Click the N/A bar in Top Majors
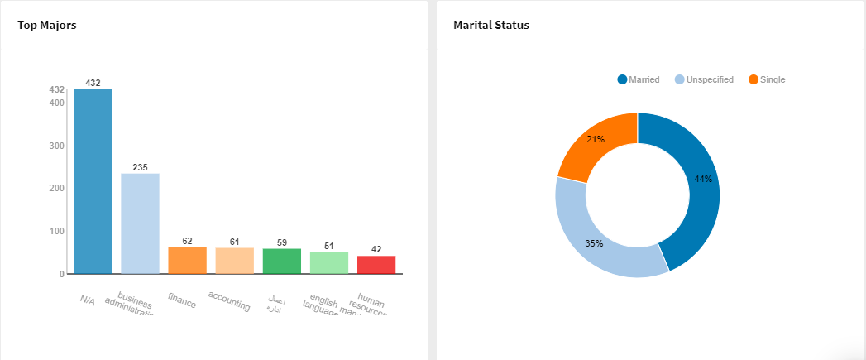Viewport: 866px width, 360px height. pos(93,181)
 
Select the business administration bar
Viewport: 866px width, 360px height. pos(140,223)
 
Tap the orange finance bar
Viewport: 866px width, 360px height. pos(187,261)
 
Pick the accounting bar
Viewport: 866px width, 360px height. pos(234,261)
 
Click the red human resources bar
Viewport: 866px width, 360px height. pos(376,265)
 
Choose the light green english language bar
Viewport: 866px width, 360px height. pos(329,263)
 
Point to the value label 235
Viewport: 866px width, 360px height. pos(140,168)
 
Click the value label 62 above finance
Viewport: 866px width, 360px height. pos(187,241)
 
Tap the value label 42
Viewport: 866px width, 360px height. pos(376,249)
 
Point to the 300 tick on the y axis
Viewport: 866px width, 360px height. pos(57,146)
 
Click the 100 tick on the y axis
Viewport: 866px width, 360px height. pos(57,231)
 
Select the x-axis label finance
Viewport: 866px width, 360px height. pos(182,300)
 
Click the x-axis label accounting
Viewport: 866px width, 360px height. pos(229,300)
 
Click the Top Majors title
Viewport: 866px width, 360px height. pos(47,25)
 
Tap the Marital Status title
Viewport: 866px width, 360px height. pos(491,25)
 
